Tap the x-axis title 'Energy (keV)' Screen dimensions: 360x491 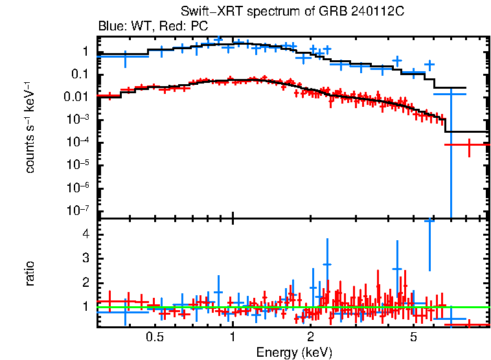pyautogui.click(x=294, y=352)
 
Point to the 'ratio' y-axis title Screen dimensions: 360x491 pyautogui.click(x=30, y=273)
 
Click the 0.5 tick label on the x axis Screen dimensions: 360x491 pyautogui.click(x=154, y=337)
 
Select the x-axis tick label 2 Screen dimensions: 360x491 pyautogui.click(x=311, y=337)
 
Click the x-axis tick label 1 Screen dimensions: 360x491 pyautogui.click(x=233, y=337)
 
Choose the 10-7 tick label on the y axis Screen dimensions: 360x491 pyautogui.click(x=78, y=210)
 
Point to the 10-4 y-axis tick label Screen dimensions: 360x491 pyautogui.click(x=78, y=142)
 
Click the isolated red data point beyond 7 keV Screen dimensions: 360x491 pyautogui.click(x=468, y=144)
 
